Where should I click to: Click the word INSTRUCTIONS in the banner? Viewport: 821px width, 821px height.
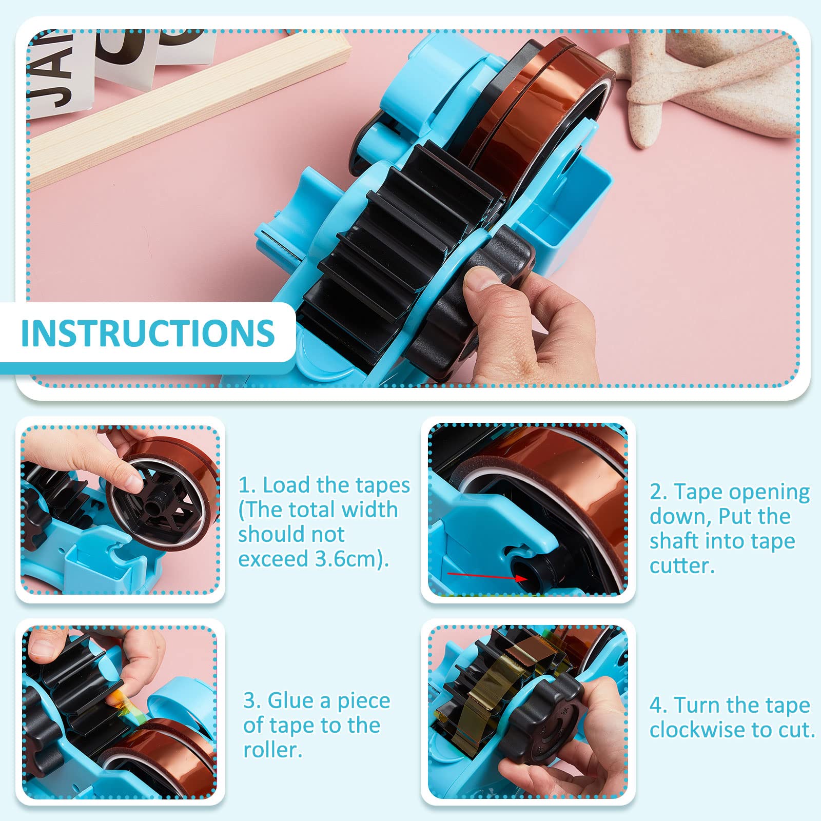(148, 333)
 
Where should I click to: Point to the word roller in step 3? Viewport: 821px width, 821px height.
(272, 750)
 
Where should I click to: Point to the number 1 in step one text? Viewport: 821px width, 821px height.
(244, 485)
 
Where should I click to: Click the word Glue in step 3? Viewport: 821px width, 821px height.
(287, 700)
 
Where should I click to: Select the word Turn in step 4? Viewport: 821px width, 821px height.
(696, 705)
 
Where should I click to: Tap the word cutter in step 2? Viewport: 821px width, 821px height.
(681, 565)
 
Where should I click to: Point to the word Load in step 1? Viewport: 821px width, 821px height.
(286, 485)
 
